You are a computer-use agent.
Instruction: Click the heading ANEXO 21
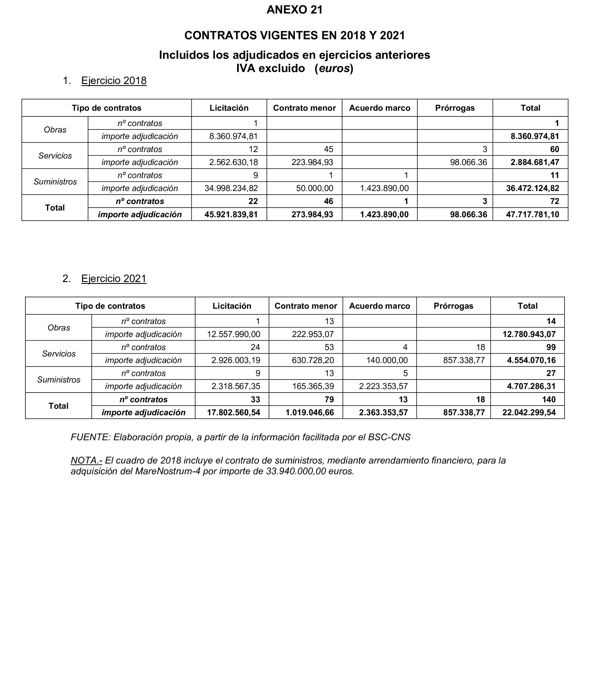click(294, 10)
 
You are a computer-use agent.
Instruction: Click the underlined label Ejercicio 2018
click(114, 81)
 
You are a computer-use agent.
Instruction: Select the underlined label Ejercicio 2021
click(114, 279)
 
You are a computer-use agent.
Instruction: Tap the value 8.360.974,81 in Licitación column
click(233, 136)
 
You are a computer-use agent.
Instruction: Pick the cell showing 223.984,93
click(312, 162)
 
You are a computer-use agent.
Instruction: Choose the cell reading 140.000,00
click(387, 360)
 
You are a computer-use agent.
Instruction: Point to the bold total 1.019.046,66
click(309, 412)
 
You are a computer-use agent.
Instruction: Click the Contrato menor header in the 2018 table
click(304, 108)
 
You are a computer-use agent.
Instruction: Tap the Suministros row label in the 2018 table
click(55, 182)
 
